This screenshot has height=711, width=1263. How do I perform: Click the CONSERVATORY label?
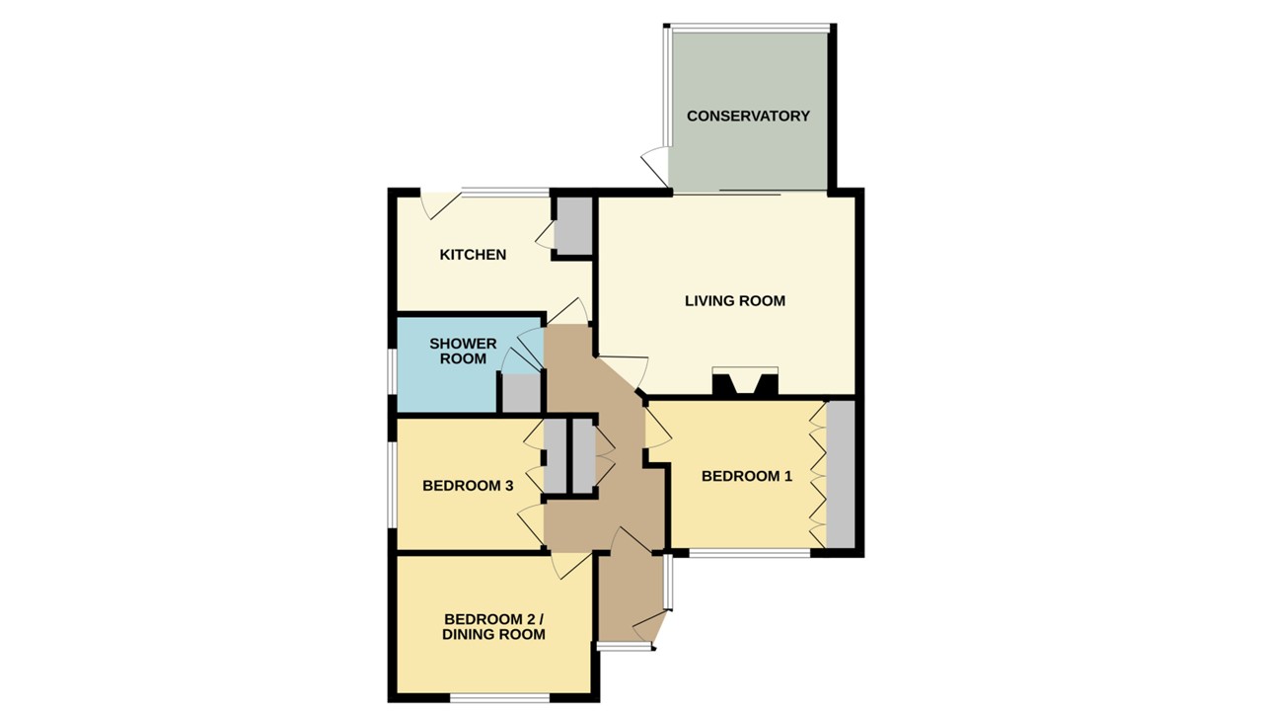click(x=748, y=116)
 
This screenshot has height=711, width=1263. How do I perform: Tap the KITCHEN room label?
click(x=473, y=255)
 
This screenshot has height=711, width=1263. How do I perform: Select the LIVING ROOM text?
click(x=735, y=301)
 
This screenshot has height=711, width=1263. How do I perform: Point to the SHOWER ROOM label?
click(x=463, y=352)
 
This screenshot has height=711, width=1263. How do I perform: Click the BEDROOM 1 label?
click(x=747, y=476)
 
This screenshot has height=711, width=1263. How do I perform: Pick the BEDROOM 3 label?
click(x=468, y=486)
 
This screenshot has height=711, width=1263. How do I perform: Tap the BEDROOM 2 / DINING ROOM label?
click(x=493, y=626)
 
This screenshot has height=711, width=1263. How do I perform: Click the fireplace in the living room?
click(x=745, y=382)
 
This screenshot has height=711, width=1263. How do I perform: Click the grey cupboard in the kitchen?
click(x=572, y=225)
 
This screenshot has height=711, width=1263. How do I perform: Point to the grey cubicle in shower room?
click(x=521, y=393)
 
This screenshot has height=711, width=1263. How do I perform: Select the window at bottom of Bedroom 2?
click(x=499, y=698)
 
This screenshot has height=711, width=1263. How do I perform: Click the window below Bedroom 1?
click(x=750, y=553)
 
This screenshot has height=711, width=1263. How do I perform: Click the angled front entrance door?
click(x=651, y=625)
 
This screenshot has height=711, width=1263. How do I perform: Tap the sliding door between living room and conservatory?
click(x=750, y=192)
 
